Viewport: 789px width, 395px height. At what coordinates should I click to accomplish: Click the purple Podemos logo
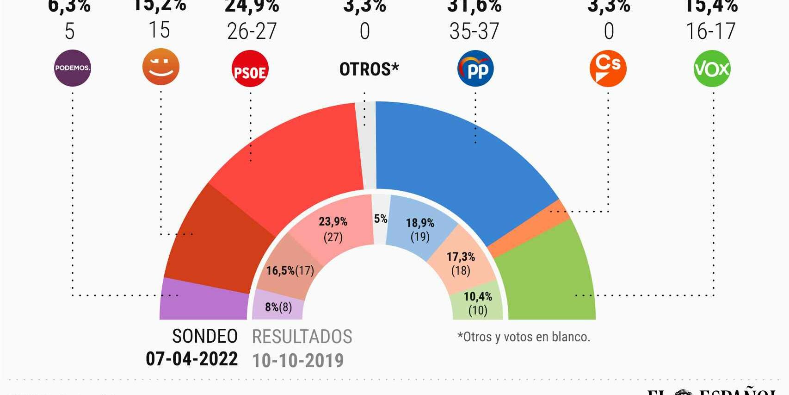click(x=73, y=68)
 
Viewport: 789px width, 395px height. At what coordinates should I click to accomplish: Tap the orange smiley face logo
click(x=160, y=67)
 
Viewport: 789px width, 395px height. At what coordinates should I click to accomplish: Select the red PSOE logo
click(x=250, y=69)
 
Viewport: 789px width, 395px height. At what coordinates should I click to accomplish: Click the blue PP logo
click(x=475, y=69)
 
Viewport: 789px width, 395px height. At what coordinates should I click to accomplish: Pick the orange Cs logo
click(x=608, y=69)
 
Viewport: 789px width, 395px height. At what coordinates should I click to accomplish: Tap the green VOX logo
click(x=712, y=69)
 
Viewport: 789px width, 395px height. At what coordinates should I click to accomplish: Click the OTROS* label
click(x=369, y=69)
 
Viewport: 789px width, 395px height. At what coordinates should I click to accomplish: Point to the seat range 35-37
click(x=474, y=31)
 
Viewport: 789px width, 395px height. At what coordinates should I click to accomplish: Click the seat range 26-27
click(x=252, y=31)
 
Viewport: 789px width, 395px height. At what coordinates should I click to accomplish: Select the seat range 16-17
click(x=710, y=31)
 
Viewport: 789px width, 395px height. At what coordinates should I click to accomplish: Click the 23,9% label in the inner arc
click(x=333, y=222)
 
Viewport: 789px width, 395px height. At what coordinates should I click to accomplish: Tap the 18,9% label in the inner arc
click(x=420, y=223)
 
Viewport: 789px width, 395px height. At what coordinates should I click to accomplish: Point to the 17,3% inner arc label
click(x=461, y=257)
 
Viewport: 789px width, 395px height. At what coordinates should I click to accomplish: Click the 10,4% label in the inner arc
click(x=478, y=296)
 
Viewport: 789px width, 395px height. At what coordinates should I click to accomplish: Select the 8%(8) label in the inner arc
click(x=278, y=307)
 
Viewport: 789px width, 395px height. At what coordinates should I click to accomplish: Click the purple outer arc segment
click(x=203, y=303)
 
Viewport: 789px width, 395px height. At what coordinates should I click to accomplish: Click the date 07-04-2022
click(x=191, y=359)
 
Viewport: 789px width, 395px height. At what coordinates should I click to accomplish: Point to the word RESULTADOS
click(x=302, y=337)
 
